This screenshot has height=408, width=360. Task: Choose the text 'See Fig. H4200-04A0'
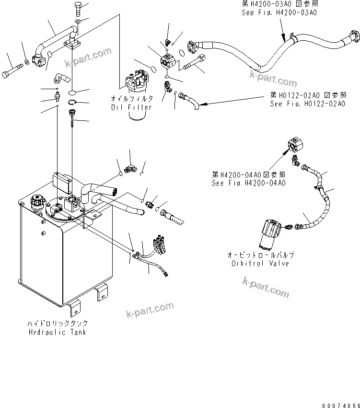tap(249, 183)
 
